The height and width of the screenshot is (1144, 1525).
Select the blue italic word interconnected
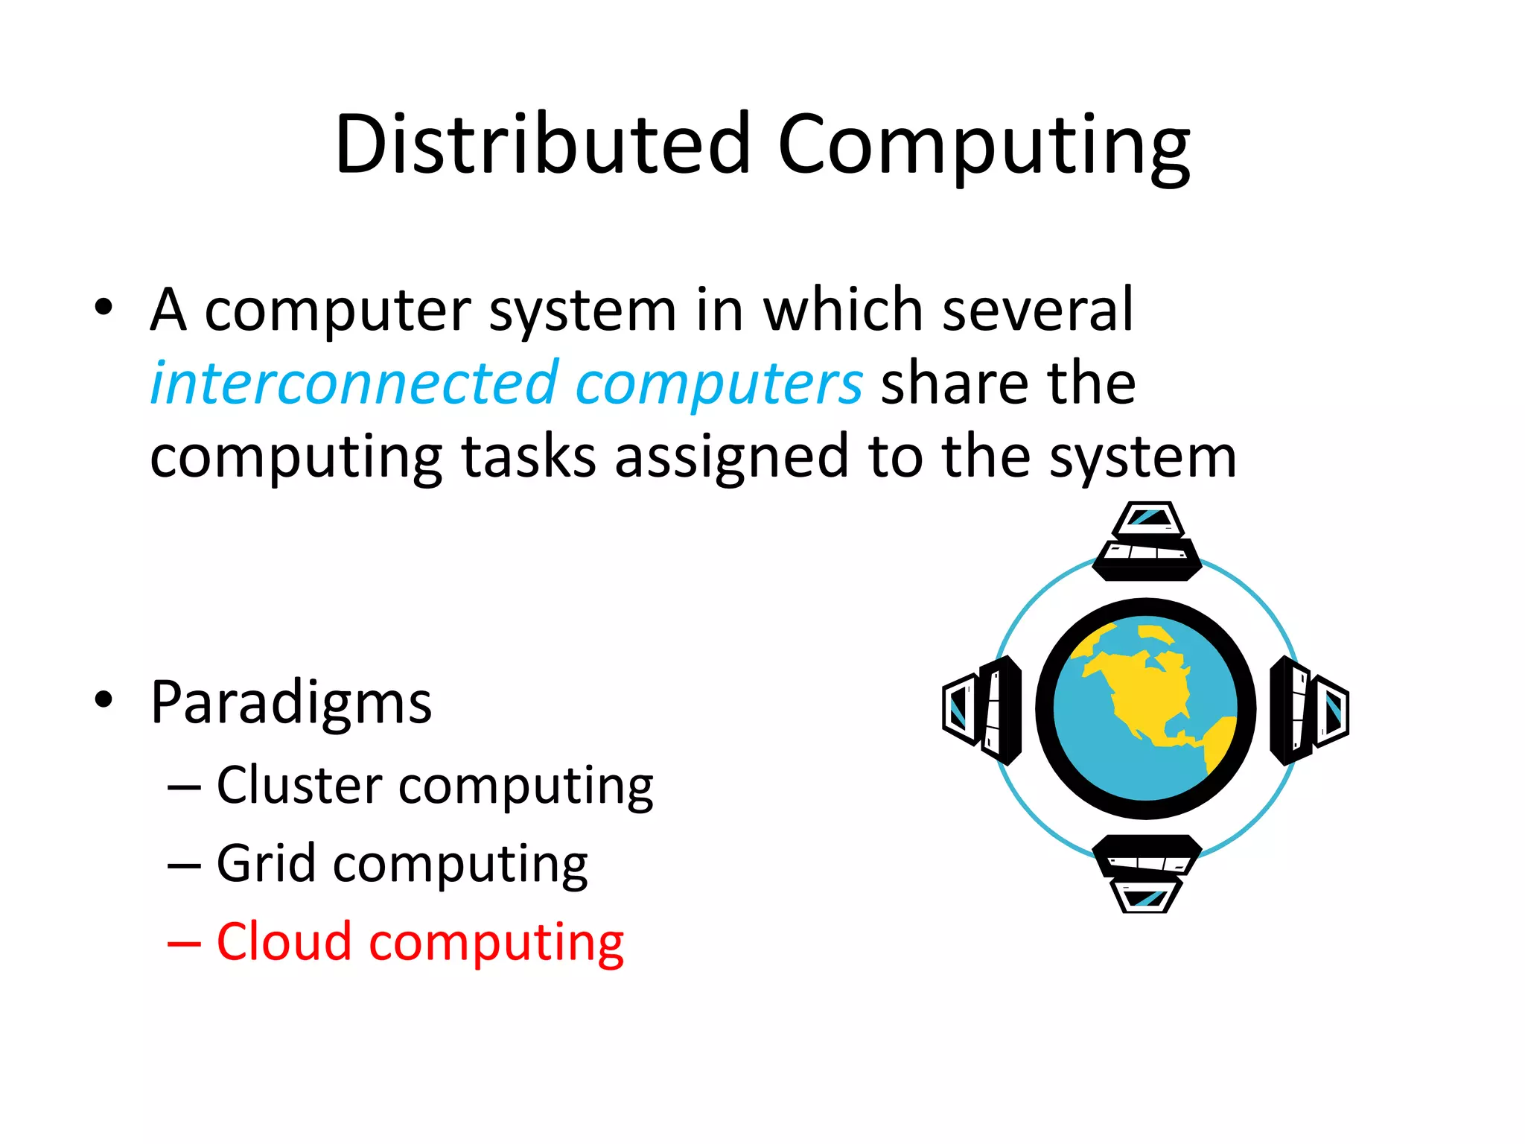(x=354, y=383)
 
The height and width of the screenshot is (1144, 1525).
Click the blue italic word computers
(x=719, y=383)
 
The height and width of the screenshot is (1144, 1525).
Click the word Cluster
(x=299, y=785)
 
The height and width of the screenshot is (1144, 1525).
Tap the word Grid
(x=266, y=863)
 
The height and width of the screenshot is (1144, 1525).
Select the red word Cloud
(x=284, y=941)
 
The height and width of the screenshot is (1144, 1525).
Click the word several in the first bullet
(x=1037, y=308)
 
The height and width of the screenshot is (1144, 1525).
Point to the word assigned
(x=731, y=456)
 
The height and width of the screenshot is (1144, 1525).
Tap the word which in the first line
(x=843, y=308)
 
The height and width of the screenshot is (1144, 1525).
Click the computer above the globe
(x=1147, y=541)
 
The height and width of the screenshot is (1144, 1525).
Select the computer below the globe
(x=1147, y=873)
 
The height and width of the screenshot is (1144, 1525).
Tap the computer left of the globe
(x=982, y=710)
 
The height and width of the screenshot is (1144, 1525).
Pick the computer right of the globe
(x=1310, y=710)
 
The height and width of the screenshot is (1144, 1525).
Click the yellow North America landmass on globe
(x=1143, y=689)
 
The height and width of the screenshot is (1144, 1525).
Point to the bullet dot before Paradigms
(x=104, y=699)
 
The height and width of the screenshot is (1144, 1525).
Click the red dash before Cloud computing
(x=184, y=943)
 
